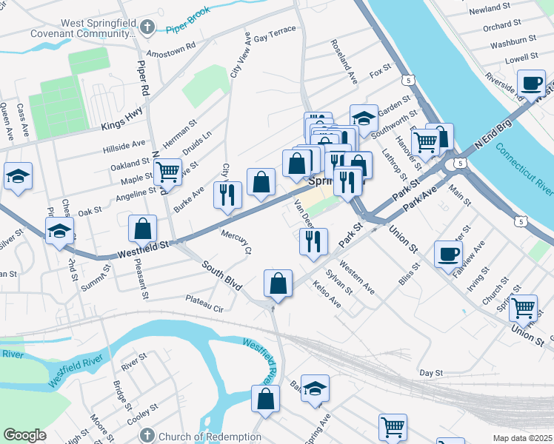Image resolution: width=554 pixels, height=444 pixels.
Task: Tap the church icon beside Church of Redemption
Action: click(x=147, y=436)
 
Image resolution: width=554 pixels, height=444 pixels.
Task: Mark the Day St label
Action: click(x=430, y=373)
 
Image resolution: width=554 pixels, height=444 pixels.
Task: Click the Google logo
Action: click(x=25, y=435)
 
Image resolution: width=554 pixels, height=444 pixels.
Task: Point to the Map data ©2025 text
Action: click(x=523, y=438)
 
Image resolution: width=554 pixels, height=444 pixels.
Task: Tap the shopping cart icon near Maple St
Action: click(x=167, y=172)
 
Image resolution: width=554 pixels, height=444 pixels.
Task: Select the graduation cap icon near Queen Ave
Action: click(x=18, y=176)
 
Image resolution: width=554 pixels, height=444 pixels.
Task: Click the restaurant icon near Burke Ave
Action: click(x=227, y=194)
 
